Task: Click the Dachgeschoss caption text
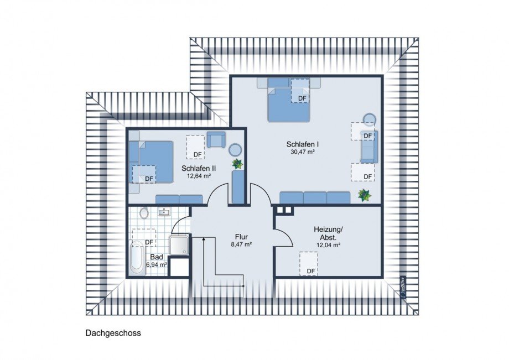(x=113, y=333)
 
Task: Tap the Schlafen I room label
(x=302, y=144)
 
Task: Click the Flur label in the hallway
(x=241, y=236)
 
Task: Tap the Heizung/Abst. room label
(x=328, y=232)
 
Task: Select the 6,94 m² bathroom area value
(x=157, y=265)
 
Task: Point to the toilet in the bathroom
(x=144, y=213)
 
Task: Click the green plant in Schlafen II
(x=237, y=164)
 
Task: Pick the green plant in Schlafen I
(x=364, y=195)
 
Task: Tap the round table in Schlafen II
(x=236, y=149)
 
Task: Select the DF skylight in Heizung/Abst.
(x=309, y=264)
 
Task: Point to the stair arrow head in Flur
(x=204, y=238)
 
